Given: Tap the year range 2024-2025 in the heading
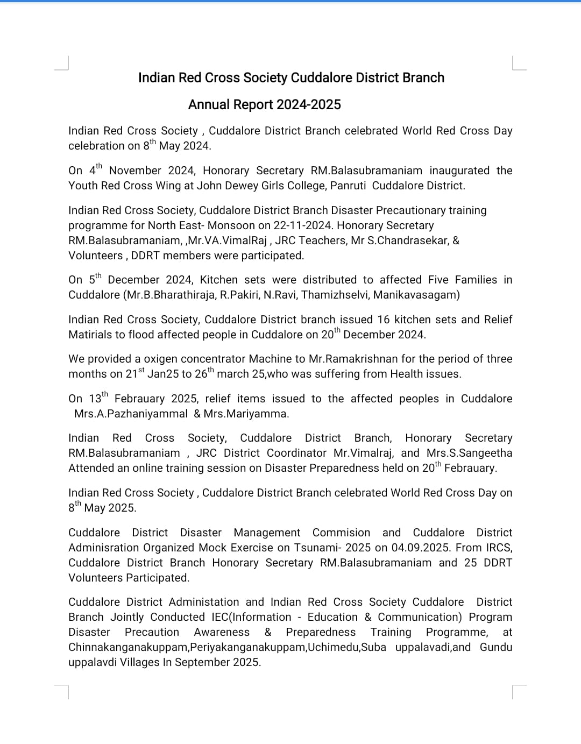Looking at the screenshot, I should pos(309,104).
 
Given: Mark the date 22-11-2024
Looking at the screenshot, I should pos(302,225).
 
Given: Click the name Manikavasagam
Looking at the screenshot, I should pos(416,295).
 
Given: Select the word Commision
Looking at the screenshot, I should pos(341,533).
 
